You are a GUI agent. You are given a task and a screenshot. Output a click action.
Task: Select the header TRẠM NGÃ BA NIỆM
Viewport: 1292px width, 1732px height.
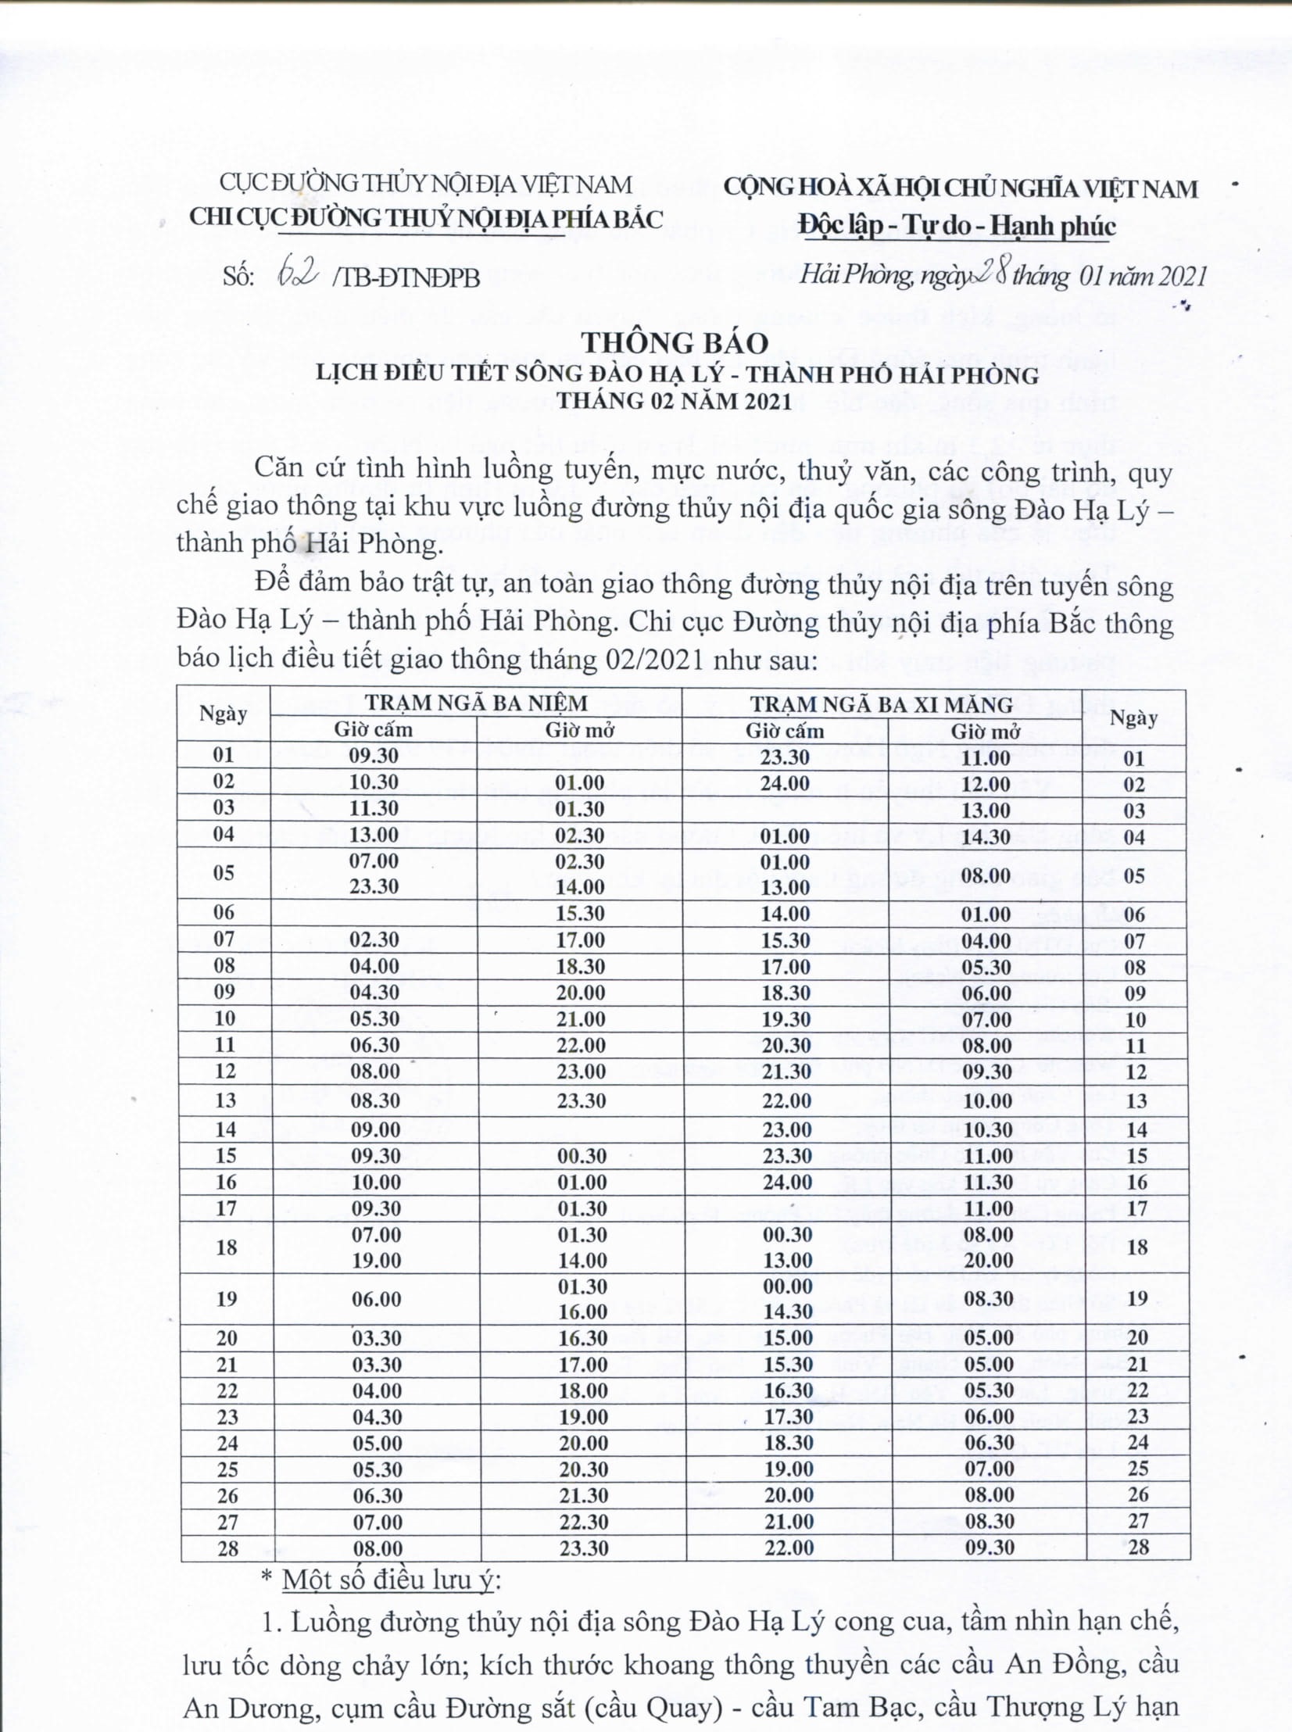(x=476, y=702)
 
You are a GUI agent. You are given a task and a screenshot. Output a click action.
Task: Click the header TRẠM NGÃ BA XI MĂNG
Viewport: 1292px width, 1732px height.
(x=882, y=704)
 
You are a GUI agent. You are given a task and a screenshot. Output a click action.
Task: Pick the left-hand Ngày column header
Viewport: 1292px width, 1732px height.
(x=223, y=714)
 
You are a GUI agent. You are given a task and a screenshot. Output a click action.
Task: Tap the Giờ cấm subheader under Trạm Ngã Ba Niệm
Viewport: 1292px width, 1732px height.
(x=373, y=729)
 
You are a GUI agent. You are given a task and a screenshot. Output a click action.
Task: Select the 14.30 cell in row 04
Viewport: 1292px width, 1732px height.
(x=986, y=836)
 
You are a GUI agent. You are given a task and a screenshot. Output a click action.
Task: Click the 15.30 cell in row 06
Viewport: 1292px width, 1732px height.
(x=580, y=913)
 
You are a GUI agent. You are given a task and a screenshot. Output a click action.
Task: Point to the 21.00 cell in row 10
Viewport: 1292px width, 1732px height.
(x=580, y=1019)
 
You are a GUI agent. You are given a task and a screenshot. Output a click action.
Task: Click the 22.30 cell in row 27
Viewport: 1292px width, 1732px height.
(x=582, y=1522)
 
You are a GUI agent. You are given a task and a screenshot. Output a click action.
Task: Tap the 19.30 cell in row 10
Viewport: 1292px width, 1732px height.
(x=786, y=1019)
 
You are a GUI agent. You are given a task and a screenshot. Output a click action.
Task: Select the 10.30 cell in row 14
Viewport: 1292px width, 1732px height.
(x=988, y=1129)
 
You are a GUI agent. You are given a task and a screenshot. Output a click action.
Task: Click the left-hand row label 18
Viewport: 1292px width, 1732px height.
(x=226, y=1247)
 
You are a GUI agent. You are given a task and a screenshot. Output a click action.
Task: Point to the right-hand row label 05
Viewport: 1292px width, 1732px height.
(x=1134, y=875)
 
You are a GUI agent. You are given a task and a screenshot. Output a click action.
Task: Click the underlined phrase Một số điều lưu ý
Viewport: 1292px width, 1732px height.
(x=388, y=1580)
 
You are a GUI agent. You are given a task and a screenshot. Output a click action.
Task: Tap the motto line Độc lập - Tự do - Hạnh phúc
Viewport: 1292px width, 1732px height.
(x=957, y=226)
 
